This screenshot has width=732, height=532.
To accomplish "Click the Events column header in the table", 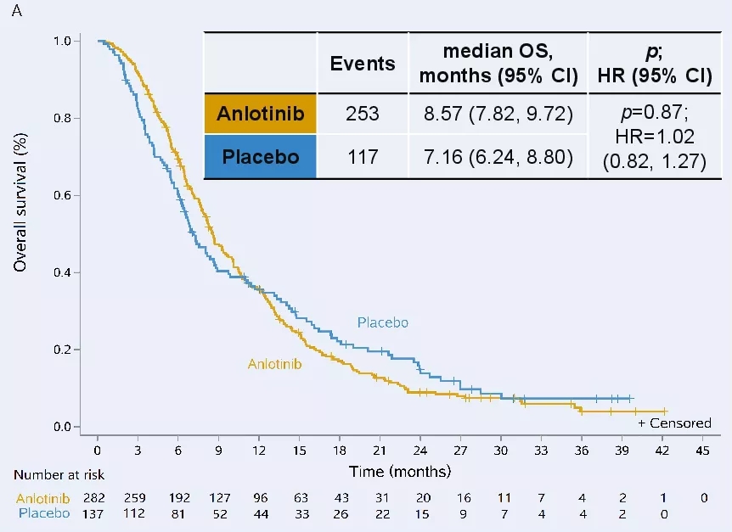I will click(363, 64).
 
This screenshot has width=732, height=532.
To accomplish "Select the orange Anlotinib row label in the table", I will click(260, 114).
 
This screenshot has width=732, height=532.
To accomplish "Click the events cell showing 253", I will click(363, 114).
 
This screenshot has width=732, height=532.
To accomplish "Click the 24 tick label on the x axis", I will click(420, 450).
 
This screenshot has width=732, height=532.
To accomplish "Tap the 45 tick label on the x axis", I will click(702, 450).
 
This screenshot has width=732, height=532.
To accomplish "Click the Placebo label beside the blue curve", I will click(383, 322).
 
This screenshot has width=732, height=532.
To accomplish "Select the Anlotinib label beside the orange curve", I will click(275, 364).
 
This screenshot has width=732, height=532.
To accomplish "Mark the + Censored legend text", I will click(674, 423).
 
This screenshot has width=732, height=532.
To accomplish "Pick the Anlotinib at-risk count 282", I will click(98, 498).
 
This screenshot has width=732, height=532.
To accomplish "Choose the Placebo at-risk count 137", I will click(98, 513).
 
